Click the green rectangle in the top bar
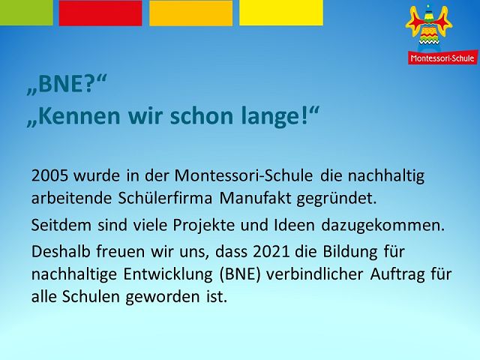[x=26, y=13]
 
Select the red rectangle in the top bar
[x=100, y=13]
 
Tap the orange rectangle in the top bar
[x=190, y=13]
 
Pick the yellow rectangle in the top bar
[x=281, y=13]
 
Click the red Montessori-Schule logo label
[x=442, y=57]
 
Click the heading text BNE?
[x=66, y=84]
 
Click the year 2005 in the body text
[x=49, y=175]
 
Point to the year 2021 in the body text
[x=271, y=252]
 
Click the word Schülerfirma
[x=165, y=198]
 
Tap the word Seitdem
[x=61, y=225]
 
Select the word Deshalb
[x=61, y=252]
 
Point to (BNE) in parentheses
[x=240, y=274]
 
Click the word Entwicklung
[x=168, y=274]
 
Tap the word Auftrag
[x=397, y=274]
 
